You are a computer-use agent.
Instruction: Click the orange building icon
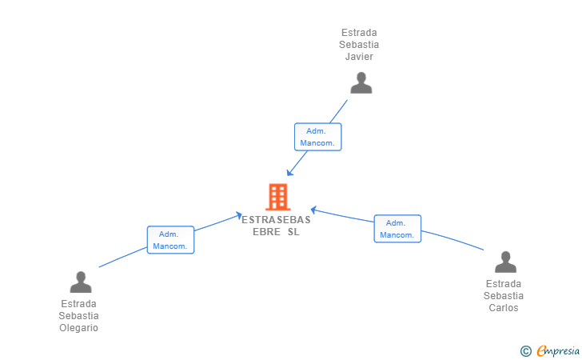(x=277, y=197)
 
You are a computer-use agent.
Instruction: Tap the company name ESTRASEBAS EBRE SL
(x=276, y=226)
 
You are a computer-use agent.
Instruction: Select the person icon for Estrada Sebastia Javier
(x=361, y=82)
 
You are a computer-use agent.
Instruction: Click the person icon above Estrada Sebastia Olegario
(x=81, y=282)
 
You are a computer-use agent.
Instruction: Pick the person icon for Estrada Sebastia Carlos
(x=505, y=262)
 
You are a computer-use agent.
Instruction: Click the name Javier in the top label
(x=359, y=57)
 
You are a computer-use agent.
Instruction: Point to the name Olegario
(x=78, y=328)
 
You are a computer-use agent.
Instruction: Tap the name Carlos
(x=504, y=308)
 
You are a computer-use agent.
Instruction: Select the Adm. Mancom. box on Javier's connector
(x=317, y=137)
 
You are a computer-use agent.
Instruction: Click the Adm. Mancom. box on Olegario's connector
(x=170, y=240)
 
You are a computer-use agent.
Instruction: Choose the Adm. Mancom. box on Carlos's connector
(x=397, y=229)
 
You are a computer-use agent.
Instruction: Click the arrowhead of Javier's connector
(x=289, y=174)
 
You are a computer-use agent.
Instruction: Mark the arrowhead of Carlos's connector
(x=313, y=210)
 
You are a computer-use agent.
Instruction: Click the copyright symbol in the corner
(x=525, y=350)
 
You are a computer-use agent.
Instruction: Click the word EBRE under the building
(x=265, y=232)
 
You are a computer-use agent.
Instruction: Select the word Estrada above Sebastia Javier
(x=359, y=33)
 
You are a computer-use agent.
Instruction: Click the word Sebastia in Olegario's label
(x=78, y=316)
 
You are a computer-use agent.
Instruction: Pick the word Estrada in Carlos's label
(x=504, y=284)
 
